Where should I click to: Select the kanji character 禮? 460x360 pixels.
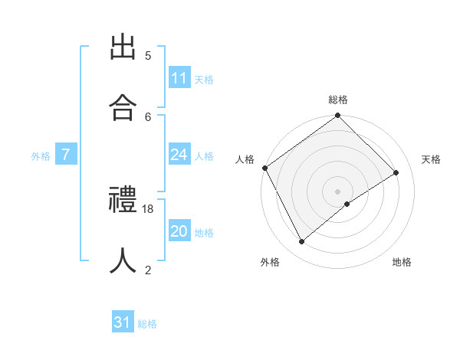(123, 201)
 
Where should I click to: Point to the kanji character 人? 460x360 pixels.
(123, 260)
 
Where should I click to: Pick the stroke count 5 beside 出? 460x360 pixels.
(148, 56)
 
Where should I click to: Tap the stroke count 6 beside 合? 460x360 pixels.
(148, 116)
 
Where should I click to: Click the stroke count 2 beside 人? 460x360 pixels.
(148, 270)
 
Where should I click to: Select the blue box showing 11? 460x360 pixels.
(179, 78)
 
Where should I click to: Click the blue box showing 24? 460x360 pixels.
(179, 155)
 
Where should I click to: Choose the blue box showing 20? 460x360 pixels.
(179, 231)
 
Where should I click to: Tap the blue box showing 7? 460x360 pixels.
(66, 155)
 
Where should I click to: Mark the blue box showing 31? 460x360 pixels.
(123, 322)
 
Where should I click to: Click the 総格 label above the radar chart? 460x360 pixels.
(338, 100)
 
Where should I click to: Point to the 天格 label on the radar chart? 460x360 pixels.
(431, 159)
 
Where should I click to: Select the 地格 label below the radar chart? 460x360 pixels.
(402, 262)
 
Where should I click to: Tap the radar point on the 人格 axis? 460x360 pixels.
(264, 168)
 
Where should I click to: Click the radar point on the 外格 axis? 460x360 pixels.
(301, 242)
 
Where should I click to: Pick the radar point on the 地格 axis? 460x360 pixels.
(347, 204)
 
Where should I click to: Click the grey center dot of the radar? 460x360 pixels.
(338, 191)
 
